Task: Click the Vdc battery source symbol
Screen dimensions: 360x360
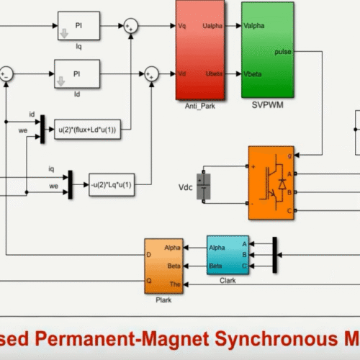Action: point(207,186)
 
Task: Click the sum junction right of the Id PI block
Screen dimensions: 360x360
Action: point(152,72)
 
